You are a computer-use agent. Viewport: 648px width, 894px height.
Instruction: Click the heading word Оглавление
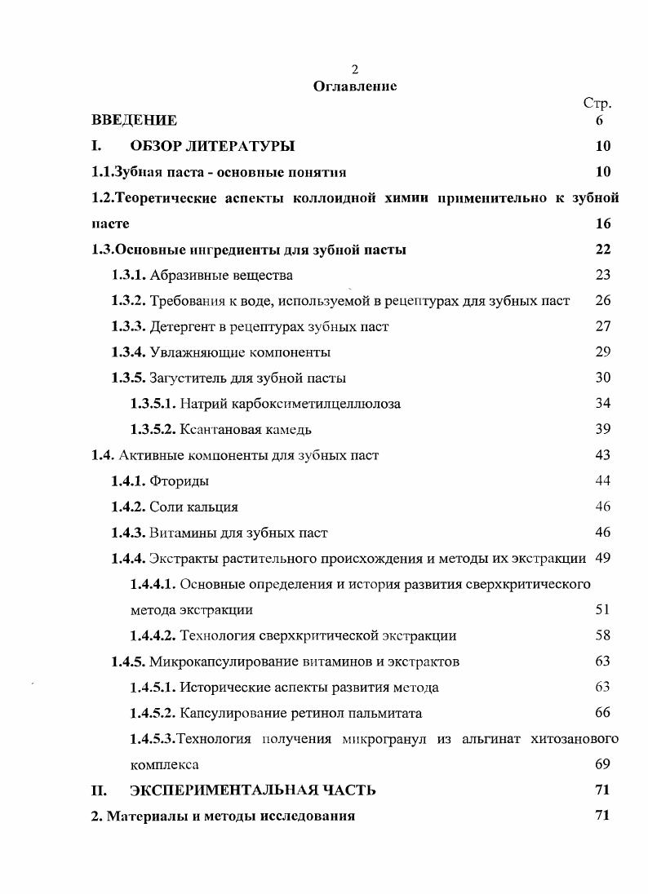point(355,86)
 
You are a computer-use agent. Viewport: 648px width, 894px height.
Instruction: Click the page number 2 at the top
point(354,71)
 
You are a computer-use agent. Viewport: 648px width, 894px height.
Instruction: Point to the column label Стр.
point(597,103)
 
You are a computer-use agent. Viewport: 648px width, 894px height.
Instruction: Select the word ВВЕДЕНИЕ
point(134,121)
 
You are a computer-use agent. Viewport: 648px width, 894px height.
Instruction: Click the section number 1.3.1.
point(129,275)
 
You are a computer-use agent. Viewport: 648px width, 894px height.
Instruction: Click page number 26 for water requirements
point(603,300)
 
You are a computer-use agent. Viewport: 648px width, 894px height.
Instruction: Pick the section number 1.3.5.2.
point(153,429)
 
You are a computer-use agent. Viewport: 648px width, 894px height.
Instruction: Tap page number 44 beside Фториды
point(603,481)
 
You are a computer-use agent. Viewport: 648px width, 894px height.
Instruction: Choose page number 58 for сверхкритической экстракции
point(603,635)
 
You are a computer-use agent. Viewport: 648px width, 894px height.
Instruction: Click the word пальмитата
point(381,713)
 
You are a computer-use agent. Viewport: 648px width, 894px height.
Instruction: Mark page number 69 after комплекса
point(603,765)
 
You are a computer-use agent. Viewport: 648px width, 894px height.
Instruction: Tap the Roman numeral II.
point(99,790)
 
